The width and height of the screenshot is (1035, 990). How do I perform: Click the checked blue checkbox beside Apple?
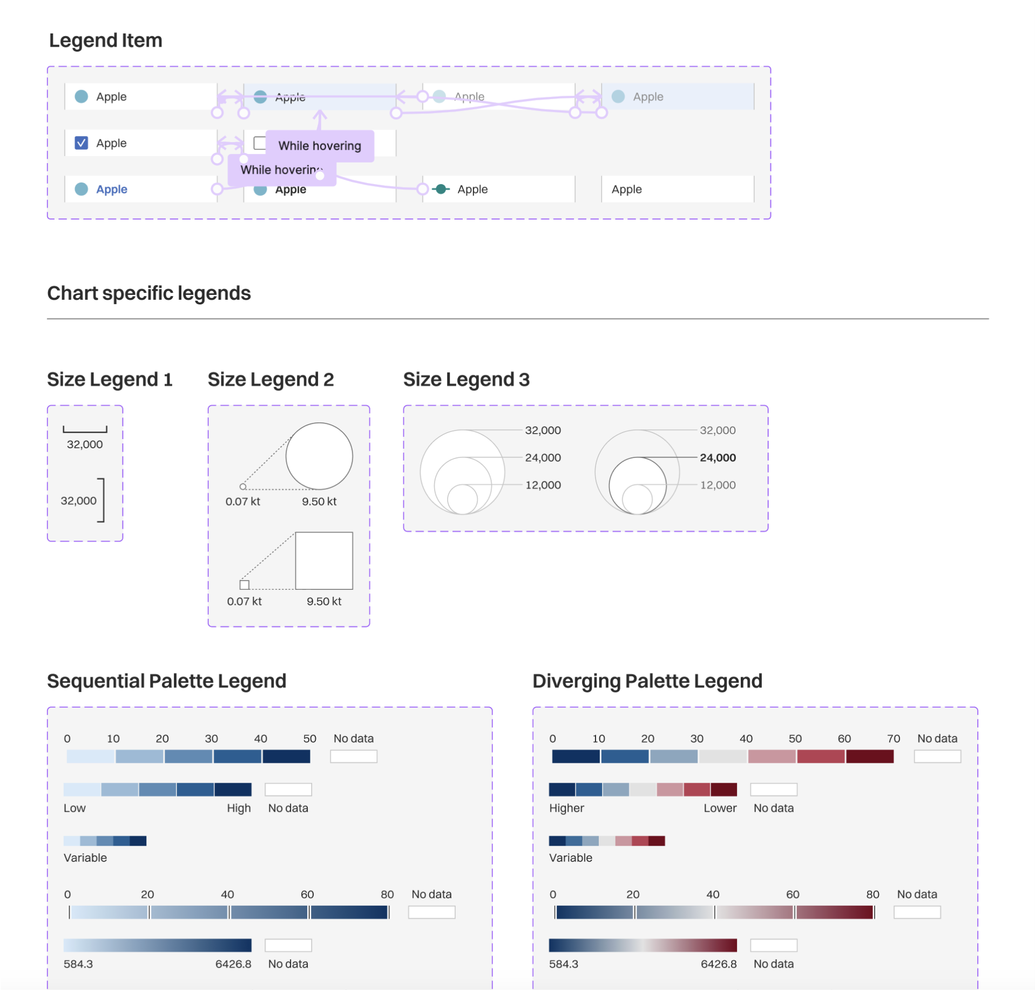(81, 143)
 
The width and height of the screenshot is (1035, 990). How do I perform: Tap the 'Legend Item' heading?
(105, 41)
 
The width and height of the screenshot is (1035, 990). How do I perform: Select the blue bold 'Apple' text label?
(112, 189)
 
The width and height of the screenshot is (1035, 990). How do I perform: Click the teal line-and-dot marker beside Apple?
(441, 189)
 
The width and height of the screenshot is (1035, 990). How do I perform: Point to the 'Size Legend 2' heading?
(270, 379)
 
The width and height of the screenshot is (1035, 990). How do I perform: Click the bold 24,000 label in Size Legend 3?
(717, 457)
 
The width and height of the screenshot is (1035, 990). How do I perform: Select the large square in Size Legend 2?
(324, 561)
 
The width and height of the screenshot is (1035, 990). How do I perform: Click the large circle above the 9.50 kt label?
(319, 456)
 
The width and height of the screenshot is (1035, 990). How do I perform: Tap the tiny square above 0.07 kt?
(244, 584)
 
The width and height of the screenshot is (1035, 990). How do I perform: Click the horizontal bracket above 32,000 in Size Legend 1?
(85, 430)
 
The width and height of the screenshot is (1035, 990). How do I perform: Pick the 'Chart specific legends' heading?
(148, 293)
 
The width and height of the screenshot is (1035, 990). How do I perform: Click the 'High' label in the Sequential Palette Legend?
(239, 808)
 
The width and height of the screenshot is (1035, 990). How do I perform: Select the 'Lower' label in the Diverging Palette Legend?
(720, 808)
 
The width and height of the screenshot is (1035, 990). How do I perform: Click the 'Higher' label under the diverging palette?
(566, 808)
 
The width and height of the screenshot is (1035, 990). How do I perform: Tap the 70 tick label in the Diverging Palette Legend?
(893, 738)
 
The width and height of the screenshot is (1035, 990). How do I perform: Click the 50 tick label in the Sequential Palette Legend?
(309, 738)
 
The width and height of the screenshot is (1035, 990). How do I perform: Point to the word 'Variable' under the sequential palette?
(85, 858)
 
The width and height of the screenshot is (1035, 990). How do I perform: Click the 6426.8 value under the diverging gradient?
(718, 964)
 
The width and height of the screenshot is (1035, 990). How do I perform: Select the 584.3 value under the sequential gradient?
(78, 964)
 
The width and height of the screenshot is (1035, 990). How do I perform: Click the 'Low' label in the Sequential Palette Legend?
(75, 808)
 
